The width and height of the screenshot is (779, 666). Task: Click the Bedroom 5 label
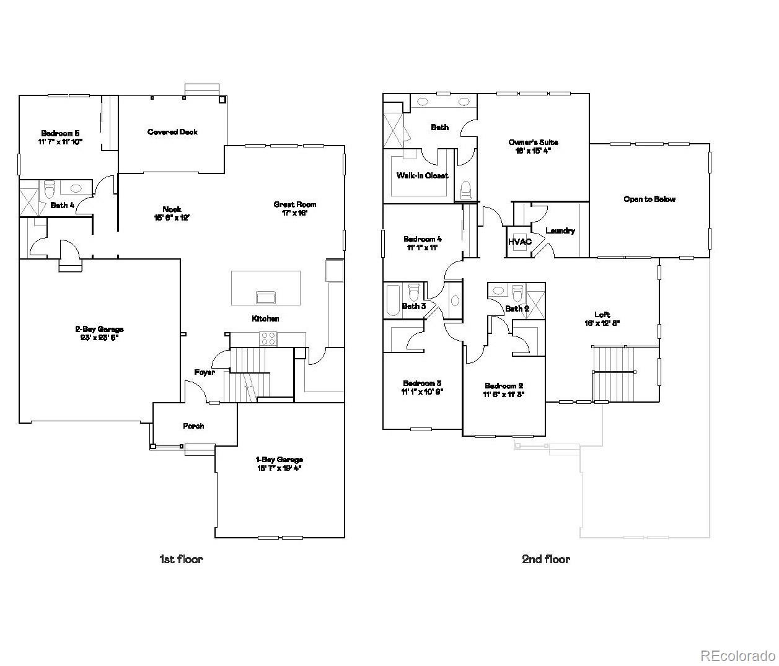coord(60,133)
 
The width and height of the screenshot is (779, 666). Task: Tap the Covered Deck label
coord(172,132)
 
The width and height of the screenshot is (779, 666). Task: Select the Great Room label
coord(295,204)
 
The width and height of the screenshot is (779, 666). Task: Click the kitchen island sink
coord(266,297)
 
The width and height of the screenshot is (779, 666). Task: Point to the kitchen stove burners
coord(268,338)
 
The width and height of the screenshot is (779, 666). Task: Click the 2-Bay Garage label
coord(99,329)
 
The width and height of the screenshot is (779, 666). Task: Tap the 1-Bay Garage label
coord(279,460)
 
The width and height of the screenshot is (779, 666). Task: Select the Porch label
coord(193,426)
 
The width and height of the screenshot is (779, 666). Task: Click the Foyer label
coord(205,372)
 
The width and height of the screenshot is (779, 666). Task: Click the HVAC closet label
coord(519,242)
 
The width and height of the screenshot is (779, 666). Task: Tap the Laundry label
coord(560,231)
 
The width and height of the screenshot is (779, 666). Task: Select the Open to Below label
coord(649,199)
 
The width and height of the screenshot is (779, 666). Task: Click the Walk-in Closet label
coord(422,176)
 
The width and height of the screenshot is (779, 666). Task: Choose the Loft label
coord(602,315)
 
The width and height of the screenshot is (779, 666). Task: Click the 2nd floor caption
coord(545,559)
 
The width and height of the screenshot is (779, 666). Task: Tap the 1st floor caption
coord(181,559)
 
